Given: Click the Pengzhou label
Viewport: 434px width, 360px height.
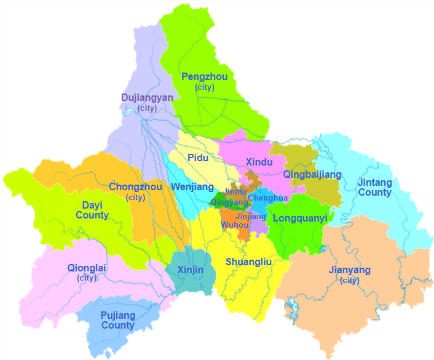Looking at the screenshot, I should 204,78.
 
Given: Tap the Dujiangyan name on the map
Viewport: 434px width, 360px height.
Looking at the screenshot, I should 147,98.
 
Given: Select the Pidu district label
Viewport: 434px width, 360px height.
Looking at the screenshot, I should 198,158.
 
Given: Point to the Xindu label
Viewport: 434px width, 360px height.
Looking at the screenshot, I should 259,162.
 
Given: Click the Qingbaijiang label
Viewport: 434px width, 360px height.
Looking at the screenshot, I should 312,175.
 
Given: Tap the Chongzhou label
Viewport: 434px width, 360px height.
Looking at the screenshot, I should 135,187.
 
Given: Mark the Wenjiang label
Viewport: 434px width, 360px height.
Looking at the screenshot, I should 192,187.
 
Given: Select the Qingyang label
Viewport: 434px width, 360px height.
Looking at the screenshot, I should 229,201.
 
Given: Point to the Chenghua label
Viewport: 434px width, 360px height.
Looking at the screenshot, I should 267,198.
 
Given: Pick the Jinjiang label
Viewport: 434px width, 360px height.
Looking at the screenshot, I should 251,216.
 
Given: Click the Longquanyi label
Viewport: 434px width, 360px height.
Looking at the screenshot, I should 300,218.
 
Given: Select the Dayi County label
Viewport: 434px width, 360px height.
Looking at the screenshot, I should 92,210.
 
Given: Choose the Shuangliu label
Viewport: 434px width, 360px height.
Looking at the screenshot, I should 249,262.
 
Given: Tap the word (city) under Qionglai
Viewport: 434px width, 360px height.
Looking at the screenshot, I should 87,278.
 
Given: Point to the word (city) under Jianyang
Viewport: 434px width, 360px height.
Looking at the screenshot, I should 349,281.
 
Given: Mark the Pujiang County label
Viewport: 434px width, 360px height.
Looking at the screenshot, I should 117,320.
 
